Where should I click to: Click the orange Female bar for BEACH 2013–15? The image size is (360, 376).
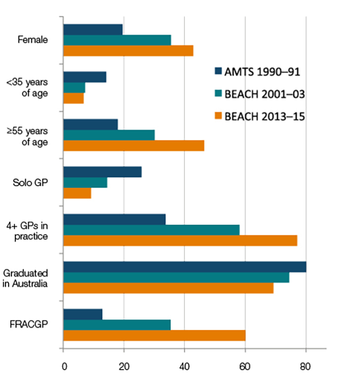(x=128, y=51)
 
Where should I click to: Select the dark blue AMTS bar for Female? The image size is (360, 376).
(x=93, y=29)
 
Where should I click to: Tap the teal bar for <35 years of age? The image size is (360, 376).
(x=74, y=88)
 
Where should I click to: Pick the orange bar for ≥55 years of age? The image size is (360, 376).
(x=134, y=146)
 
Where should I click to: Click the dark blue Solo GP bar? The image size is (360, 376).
(x=103, y=172)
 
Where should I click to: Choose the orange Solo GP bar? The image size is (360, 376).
(x=77, y=193)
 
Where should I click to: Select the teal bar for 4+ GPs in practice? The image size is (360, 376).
(x=151, y=230)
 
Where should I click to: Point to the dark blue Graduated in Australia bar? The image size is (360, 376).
(x=184, y=267)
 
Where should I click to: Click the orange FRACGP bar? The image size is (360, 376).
(x=154, y=335)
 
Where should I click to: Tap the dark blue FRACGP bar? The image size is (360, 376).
(x=83, y=314)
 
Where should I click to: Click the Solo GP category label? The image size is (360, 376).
(x=31, y=182)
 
